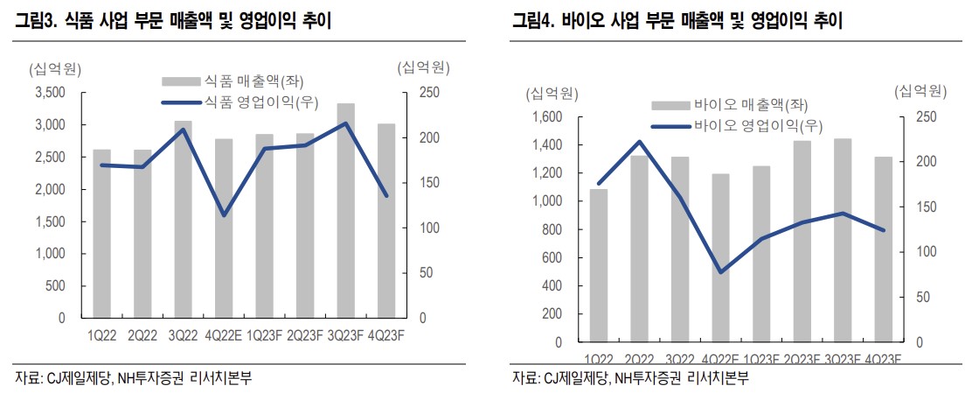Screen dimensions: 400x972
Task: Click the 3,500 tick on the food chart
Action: (x=51, y=93)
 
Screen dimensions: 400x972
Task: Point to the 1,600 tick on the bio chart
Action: (x=546, y=117)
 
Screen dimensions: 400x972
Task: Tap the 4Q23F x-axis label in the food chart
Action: (x=385, y=333)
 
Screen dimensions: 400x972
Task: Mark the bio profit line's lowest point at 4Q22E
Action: (x=719, y=272)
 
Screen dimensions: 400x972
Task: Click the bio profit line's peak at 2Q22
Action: (x=640, y=142)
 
